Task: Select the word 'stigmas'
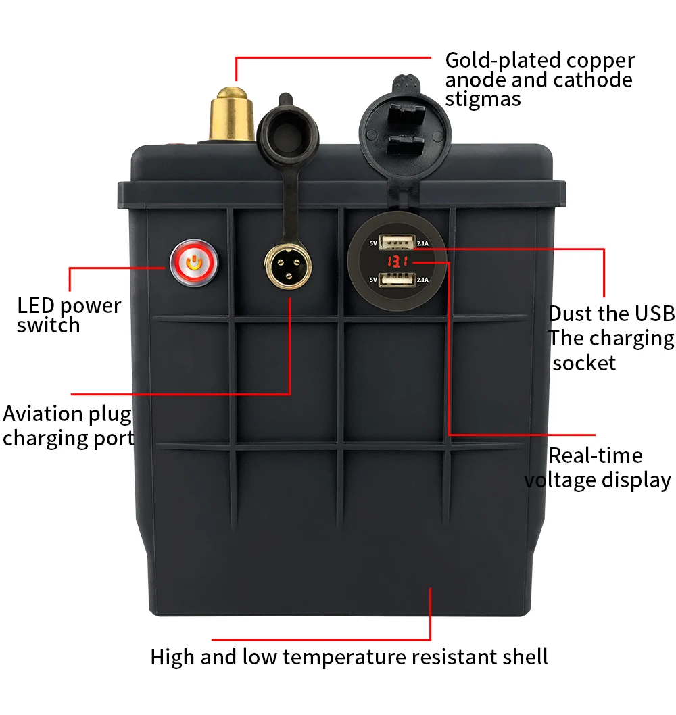[483, 99]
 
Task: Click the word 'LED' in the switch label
[35, 305]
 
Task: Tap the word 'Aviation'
[43, 414]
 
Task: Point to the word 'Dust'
[571, 314]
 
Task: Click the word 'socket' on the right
[584, 363]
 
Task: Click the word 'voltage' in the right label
[564, 480]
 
